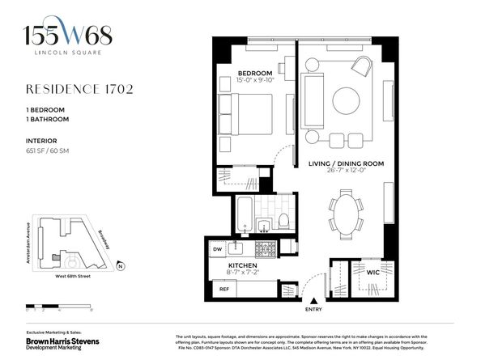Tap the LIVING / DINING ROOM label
(x=346, y=163)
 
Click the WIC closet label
(x=351, y=273)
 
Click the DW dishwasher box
(x=217, y=249)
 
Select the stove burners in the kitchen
(x=263, y=248)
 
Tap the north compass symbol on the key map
(x=119, y=266)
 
